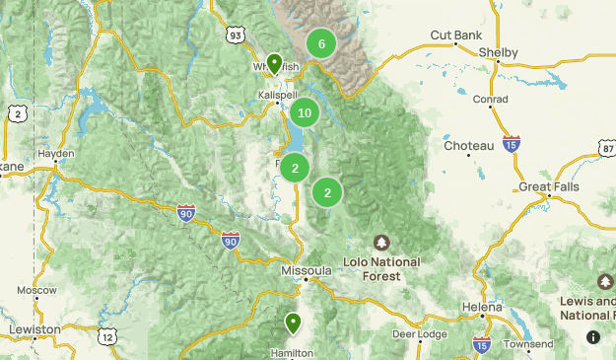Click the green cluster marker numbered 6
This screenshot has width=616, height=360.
coord(320,43)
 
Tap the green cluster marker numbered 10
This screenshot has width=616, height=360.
coord(304,112)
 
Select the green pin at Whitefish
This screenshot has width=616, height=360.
coord(273,62)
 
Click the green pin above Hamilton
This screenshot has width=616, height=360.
coord(293,322)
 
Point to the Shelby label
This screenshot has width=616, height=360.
coord(498,51)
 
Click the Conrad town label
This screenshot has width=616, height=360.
coord(490,100)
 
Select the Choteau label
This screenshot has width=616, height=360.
coord(468,146)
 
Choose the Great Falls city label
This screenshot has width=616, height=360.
coord(549,186)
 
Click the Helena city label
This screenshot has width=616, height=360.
coord(482,308)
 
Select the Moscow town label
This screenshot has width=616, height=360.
coord(36,291)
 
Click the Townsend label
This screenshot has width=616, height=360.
coord(528,344)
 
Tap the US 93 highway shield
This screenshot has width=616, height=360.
coord(235,36)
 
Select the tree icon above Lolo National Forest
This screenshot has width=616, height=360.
coord(381,243)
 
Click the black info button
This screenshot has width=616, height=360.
coord(592,336)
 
